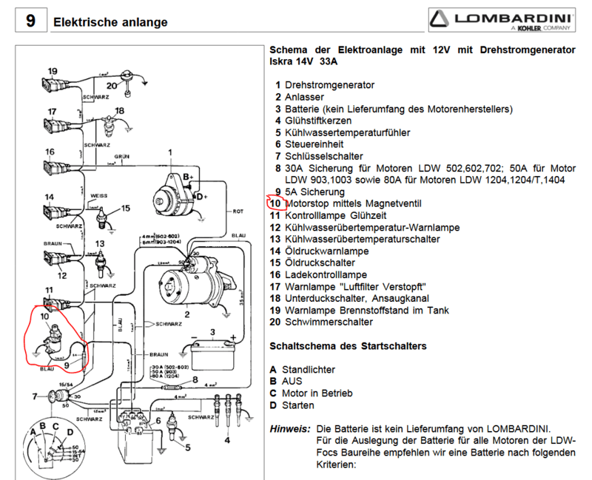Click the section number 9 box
click(x=30, y=20)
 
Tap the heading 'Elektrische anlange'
click(x=110, y=22)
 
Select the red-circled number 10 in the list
click(x=275, y=203)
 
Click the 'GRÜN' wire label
click(x=122, y=157)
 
